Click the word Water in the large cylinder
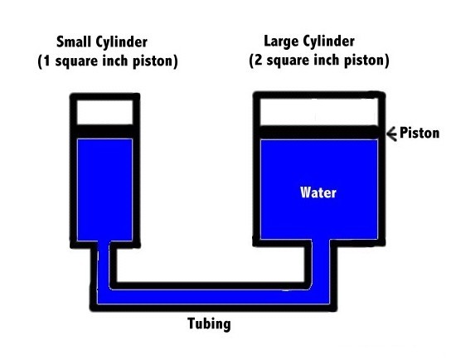(318, 192)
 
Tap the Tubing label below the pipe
(209, 324)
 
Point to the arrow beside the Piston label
(391, 134)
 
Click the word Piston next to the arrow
(419, 133)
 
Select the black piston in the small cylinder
(105, 132)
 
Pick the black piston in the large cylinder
(319, 133)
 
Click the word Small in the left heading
(74, 41)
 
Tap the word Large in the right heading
(281, 42)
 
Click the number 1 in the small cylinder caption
(46, 61)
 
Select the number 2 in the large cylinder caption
(259, 61)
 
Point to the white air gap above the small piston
(105, 112)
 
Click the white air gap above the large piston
(319, 112)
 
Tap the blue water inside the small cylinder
(104, 190)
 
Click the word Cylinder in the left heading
(122, 42)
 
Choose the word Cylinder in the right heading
(329, 42)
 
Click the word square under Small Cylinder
(76, 62)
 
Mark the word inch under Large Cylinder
(326, 61)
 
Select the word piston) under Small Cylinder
(155, 61)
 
